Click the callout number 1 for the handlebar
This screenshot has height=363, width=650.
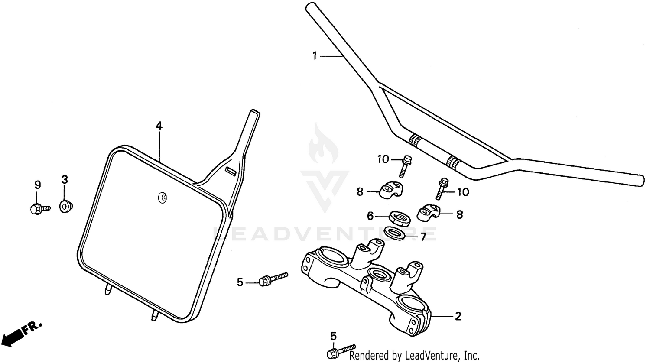[315, 56]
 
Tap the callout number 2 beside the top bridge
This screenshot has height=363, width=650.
[458, 316]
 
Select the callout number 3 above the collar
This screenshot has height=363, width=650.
[65, 180]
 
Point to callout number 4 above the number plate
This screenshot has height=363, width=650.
[159, 126]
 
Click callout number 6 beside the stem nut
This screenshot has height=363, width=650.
[370, 216]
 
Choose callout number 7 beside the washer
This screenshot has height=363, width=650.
[423, 237]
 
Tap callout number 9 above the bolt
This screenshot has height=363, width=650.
[38, 185]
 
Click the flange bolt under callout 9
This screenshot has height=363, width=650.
[40, 209]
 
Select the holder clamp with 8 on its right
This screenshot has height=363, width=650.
[428, 212]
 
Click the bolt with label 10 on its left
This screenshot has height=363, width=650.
[406, 166]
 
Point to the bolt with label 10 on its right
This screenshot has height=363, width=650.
[442, 188]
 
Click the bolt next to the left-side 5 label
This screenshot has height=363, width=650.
[273, 279]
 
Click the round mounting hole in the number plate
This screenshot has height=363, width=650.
[162, 198]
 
